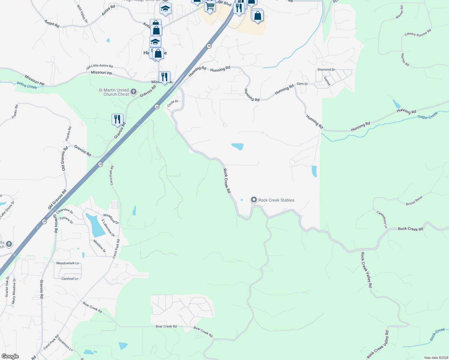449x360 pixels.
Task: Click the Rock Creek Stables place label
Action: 276,200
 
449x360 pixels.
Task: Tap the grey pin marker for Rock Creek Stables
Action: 254,200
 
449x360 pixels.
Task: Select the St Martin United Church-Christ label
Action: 114,92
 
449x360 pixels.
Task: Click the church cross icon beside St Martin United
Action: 134,92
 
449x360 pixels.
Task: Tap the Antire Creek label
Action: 27,85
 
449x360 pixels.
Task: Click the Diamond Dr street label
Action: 326,70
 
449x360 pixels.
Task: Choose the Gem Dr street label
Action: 302,84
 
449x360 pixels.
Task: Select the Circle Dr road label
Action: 173,103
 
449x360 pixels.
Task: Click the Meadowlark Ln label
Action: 68,263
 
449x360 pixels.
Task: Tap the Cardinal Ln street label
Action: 70,279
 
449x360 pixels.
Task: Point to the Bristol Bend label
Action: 414,201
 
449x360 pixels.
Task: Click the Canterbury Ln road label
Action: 382,219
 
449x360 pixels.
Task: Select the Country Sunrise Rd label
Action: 417,33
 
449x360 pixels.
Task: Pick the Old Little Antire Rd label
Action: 99,66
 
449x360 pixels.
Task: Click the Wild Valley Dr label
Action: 82,14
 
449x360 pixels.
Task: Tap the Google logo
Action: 10,356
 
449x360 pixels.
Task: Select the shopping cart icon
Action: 210,6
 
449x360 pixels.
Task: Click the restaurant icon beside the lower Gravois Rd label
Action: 117,119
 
